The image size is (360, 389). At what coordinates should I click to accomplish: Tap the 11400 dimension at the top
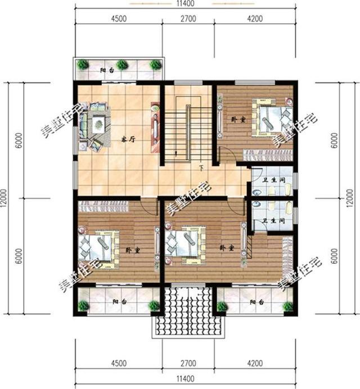[186, 4]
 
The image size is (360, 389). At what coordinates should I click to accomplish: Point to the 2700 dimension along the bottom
[187, 361]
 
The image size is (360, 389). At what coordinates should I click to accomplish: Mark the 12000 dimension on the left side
[4, 198]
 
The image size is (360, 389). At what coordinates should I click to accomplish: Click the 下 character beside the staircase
[200, 168]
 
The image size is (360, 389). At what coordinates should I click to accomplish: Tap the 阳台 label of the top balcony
[106, 70]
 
